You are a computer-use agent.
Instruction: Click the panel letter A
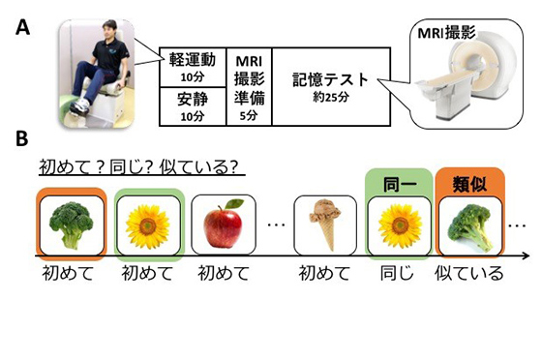point(22,27)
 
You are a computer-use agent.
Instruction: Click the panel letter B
point(22,138)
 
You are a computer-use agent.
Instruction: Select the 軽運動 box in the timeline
point(193,68)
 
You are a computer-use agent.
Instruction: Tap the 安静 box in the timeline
point(193,106)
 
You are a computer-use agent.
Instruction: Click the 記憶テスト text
point(331,79)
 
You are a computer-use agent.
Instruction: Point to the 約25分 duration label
point(331,97)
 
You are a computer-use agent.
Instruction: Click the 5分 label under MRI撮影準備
point(249,115)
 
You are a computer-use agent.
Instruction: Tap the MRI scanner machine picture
point(467,76)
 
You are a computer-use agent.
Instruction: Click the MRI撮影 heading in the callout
point(446,33)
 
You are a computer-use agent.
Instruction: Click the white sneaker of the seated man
point(78,106)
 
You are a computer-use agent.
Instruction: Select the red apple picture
point(224,224)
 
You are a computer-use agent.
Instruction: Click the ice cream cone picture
point(325,225)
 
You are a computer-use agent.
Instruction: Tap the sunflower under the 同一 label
point(400,225)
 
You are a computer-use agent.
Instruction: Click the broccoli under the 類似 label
point(470,227)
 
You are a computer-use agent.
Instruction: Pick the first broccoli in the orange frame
point(72,225)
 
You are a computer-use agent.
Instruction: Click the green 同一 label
point(399,185)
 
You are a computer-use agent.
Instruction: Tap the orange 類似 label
point(470,185)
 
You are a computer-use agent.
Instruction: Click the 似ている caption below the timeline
point(469,274)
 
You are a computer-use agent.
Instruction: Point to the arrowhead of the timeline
point(527,256)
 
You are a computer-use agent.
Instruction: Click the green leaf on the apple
point(234,204)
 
